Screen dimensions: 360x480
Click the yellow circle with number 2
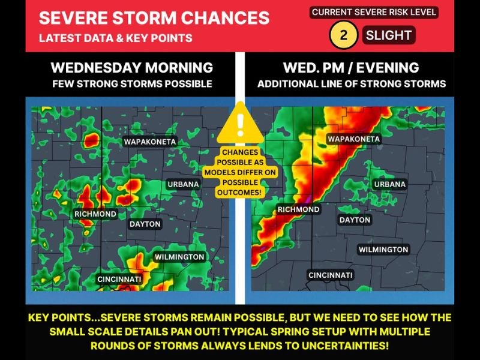(343, 35)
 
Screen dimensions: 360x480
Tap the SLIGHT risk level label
(389, 35)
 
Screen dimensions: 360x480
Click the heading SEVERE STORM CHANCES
(154, 17)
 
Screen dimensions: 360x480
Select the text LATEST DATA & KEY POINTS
(116, 38)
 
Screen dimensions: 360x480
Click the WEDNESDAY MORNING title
(132, 67)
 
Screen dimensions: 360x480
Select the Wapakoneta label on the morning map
(150, 142)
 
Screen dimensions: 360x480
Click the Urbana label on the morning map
(184, 184)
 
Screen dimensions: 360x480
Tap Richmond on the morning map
(95, 214)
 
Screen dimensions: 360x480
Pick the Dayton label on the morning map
(145, 224)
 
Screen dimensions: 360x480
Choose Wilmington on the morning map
(179, 257)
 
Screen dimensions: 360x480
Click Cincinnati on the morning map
(119, 280)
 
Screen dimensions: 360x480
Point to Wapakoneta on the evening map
(354, 139)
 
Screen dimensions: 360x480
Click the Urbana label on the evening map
(390, 184)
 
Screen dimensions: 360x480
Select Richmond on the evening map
(298, 209)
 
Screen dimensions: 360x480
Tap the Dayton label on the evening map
(355, 220)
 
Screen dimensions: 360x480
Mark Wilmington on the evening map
(383, 249)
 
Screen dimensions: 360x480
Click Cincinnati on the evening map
(331, 275)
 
